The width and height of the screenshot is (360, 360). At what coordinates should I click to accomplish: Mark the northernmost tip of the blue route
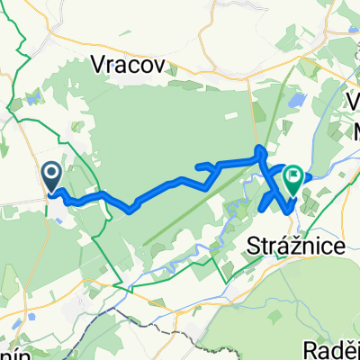(261, 147)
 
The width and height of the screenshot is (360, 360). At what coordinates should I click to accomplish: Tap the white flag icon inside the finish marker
(293, 175)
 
